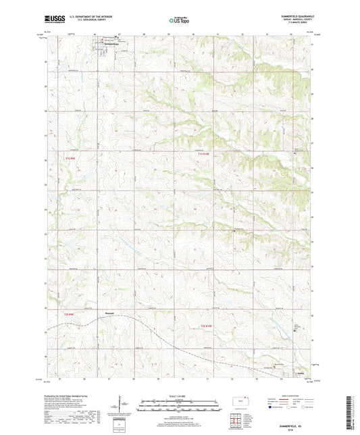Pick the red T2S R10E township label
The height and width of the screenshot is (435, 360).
[207, 326]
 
